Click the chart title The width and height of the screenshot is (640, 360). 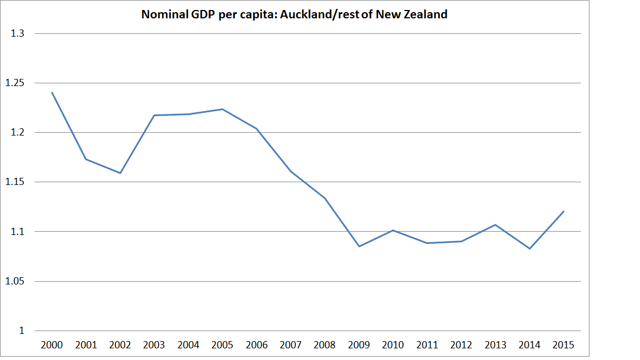point(294,15)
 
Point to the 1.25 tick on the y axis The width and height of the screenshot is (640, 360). point(15,83)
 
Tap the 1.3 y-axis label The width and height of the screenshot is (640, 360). point(18,33)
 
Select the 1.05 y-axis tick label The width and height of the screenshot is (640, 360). point(15,281)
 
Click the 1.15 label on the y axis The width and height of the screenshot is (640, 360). point(15,182)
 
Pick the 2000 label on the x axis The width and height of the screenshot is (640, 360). point(52,345)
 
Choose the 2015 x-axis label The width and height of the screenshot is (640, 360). point(564,345)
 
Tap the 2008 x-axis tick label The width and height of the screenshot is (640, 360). point(325,345)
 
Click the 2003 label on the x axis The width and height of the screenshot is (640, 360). point(154,345)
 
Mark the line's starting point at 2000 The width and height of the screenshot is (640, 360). point(52,92)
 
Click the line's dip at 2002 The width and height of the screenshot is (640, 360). point(120,173)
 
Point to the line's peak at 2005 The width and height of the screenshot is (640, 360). point(223,109)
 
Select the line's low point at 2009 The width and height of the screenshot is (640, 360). point(359,246)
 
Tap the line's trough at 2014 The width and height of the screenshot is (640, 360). point(530,248)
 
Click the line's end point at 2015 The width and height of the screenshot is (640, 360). point(564,211)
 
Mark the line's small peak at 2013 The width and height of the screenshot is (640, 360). point(496,224)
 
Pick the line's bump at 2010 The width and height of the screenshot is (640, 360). point(393,230)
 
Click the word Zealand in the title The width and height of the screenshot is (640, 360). point(426,15)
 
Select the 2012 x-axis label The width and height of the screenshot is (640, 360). point(462,345)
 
